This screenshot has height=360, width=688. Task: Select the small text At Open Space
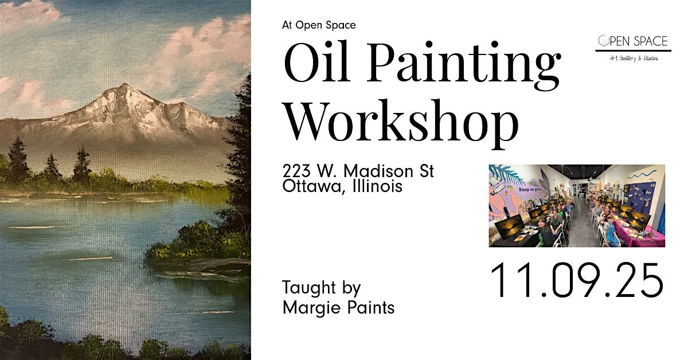[x=319, y=25]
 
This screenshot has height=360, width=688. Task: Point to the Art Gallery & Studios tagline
[x=633, y=57]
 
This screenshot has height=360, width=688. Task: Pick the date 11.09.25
[x=576, y=281]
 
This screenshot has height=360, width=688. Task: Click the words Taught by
[x=321, y=288]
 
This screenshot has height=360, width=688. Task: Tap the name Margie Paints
[x=338, y=308]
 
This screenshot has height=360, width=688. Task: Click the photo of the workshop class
[x=577, y=206]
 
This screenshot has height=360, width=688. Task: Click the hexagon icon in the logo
[x=603, y=41]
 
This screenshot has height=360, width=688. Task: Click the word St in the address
[x=425, y=171]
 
